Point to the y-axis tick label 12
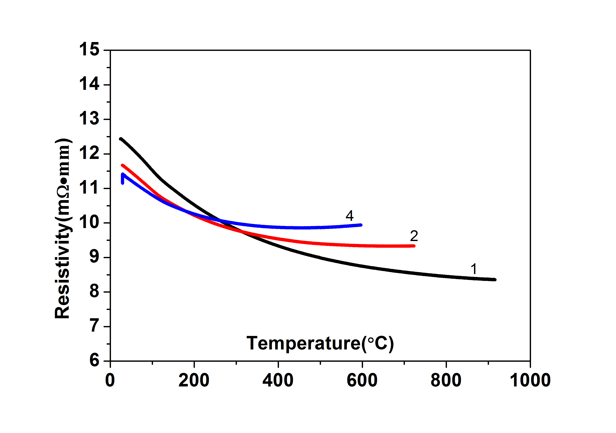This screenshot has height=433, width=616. [x=89, y=154]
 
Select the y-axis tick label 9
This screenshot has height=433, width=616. [x=94, y=257]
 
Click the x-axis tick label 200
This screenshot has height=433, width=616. [x=194, y=380]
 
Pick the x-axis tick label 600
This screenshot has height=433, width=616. [x=362, y=380]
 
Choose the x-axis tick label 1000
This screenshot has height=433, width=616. [x=530, y=380]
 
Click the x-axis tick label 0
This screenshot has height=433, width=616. [x=110, y=380]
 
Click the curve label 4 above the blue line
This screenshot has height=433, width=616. [x=349, y=215]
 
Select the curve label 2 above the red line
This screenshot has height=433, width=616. [x=414, y=236]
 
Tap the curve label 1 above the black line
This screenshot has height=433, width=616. [x=474, y=269]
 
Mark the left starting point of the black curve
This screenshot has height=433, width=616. [x=121, y=139]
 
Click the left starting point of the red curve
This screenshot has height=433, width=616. [x=122, y=165]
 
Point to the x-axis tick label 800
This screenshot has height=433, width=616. [x=446, y=380]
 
